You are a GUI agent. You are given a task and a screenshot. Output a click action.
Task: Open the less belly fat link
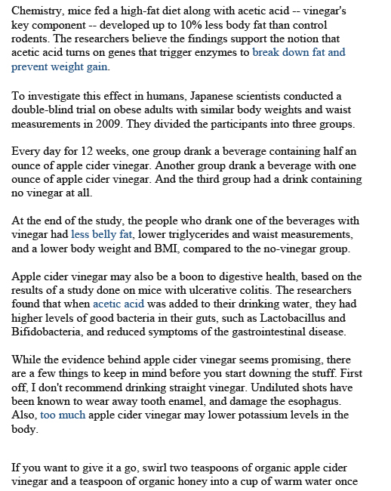pos(102,235)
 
